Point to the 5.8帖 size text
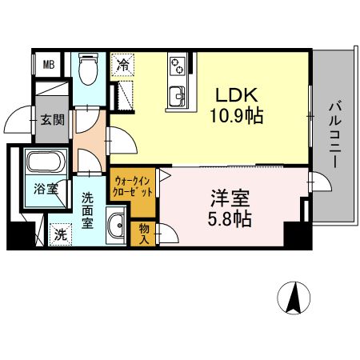click(228, 217)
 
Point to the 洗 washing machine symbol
click(60, 235)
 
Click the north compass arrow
click(294, 298)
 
